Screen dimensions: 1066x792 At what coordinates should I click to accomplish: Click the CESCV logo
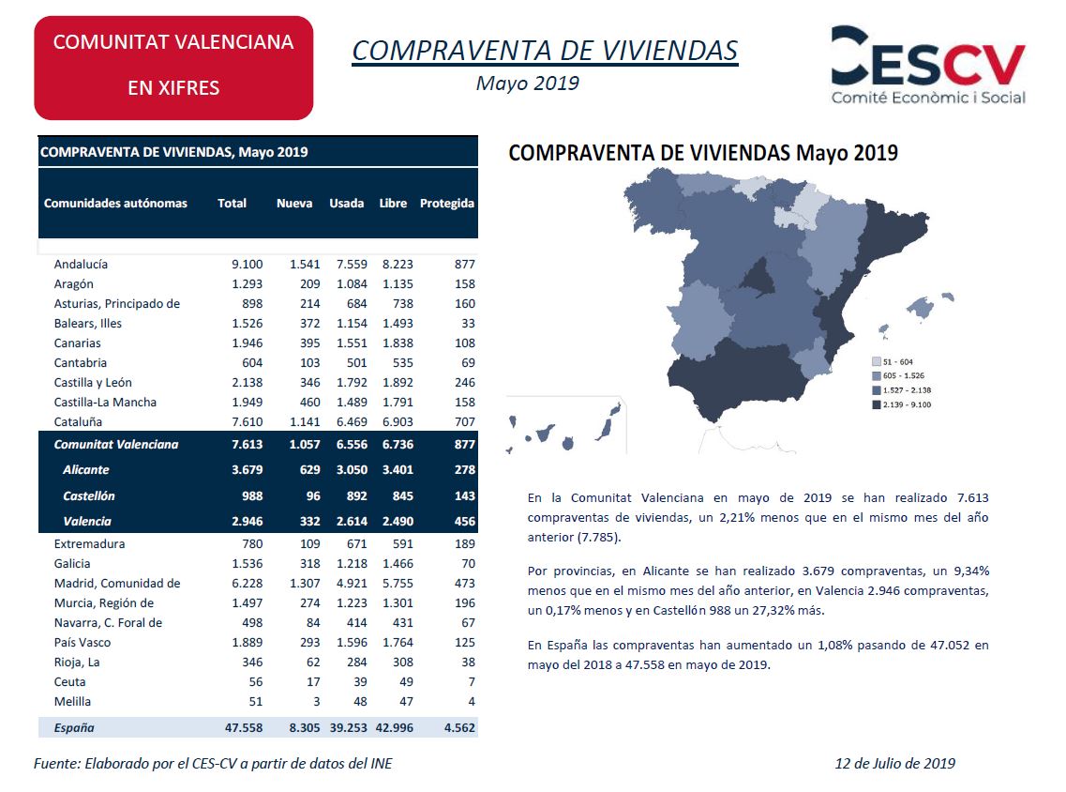[928, 66]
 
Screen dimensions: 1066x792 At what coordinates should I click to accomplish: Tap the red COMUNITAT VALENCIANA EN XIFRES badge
[173, 69]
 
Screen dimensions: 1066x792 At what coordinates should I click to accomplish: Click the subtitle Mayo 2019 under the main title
[528, 83]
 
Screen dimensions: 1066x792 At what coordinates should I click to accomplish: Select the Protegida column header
[446, 203]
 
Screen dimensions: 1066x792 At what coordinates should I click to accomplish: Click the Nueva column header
[294, 203]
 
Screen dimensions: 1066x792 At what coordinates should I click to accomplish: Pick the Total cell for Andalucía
[247, 264]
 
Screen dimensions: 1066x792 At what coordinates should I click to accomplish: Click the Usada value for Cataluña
[352, 422]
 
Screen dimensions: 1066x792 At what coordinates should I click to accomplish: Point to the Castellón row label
[89, 496]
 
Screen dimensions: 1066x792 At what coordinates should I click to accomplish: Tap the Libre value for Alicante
[398, 469]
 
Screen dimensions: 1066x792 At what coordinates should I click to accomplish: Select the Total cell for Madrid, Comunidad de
[247, 583]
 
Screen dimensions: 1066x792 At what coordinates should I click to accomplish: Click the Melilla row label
[73, 702]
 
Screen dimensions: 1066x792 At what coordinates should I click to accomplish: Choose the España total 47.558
[244, 727]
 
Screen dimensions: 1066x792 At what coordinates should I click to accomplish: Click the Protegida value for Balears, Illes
[468, 323]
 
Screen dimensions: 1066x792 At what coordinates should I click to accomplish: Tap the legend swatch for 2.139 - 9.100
[877, 404]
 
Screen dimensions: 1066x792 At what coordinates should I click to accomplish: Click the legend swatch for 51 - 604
[877, 362]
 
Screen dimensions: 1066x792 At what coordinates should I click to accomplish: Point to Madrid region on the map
[756, 278]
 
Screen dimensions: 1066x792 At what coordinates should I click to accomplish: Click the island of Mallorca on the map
[922, 307]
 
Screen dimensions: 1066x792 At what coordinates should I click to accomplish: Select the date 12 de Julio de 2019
[894, 764]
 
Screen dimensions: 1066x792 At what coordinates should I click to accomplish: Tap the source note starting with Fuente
[213, 764]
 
